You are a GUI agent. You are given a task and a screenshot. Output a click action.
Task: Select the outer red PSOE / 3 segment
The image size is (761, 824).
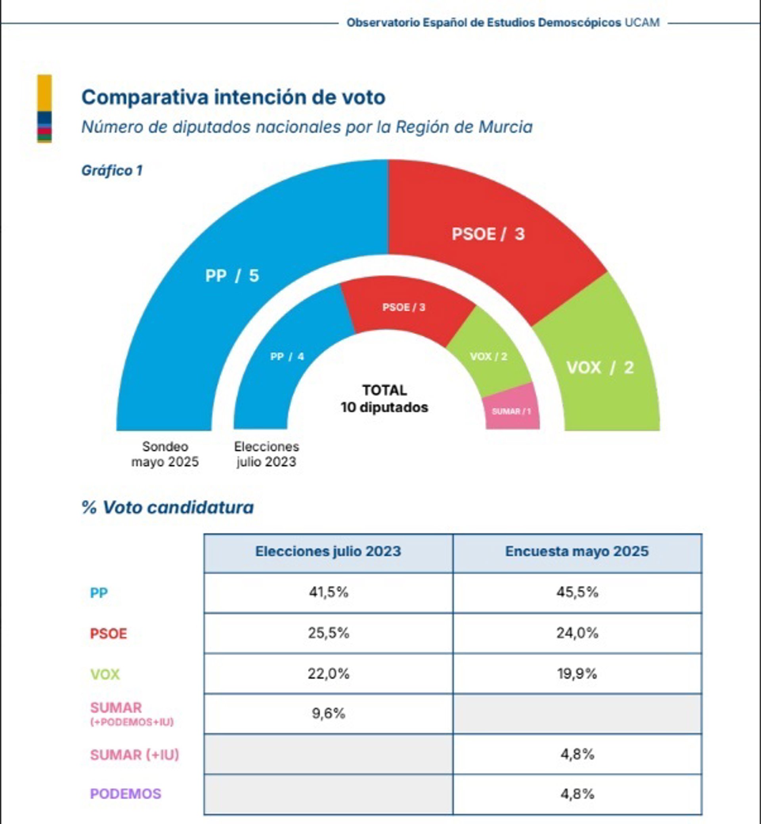click(488, 234)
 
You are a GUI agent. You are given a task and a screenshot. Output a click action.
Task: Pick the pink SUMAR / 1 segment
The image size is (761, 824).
click(511, 411)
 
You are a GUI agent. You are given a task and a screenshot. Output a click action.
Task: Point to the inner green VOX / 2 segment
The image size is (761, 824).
click(489, 357)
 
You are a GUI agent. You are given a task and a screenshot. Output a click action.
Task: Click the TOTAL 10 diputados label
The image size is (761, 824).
click(384, 399)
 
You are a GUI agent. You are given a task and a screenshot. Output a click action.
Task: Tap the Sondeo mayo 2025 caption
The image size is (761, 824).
click(165, 454)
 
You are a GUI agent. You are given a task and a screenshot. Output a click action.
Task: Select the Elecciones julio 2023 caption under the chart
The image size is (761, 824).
click(266, 454)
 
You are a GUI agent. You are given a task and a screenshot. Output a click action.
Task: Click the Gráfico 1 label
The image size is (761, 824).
click(112, 170)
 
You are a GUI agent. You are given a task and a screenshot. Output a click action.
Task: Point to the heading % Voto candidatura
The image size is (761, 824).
click(168, 507)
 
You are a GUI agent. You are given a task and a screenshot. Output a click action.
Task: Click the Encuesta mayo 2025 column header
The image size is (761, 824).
click(577, 551)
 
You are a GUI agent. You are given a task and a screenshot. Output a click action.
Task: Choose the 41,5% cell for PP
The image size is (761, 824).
click(328, 592)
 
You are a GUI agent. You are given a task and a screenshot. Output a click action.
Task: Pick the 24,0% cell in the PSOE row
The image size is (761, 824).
click(577, 633)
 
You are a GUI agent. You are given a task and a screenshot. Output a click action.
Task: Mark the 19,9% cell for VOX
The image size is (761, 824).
click(577, 674)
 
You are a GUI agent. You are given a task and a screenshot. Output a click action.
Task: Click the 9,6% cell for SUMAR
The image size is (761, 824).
click(328, 713)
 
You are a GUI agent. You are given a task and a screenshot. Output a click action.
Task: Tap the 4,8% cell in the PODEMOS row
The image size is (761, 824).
click(577, 793)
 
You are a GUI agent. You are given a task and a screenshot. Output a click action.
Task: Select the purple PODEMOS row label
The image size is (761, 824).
click(126, 793)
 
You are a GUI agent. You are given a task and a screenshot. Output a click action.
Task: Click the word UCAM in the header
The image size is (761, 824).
click(642, 23)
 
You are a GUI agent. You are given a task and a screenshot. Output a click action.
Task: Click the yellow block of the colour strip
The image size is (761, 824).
click(44, 93)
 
